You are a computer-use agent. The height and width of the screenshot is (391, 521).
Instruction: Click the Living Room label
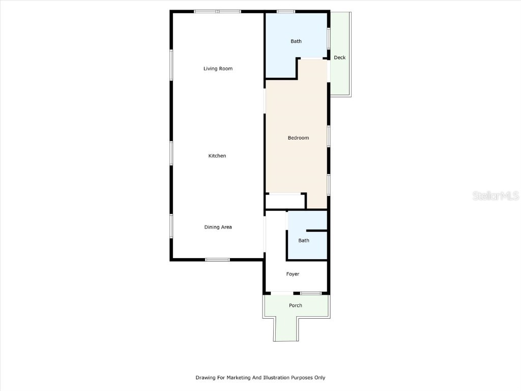pyautogui.click(x=218, y=69)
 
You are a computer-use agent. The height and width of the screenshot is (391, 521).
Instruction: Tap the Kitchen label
pyautogui.click(x=217, y=156)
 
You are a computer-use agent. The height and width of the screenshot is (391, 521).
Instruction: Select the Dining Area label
pyautogui.click(x=218, y=227)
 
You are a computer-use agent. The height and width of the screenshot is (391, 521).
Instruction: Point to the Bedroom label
pyautogui.click(x=298, y=138)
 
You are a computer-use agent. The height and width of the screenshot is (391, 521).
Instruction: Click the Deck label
pyautogui.click(x=339, y=58)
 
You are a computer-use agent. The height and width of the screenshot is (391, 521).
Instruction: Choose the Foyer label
pyautogui.click(x=293, y=274)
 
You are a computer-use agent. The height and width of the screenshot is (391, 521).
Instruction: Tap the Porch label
pyautogui.click(x=296, y=305)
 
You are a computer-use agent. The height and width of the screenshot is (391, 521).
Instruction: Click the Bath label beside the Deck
pyautogui.click(x=296, y=41)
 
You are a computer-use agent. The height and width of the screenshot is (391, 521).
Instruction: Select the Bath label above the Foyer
pyautogui.click(x=304, y=240)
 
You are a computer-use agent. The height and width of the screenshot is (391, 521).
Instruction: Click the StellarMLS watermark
pyautogui.click(x=495, y=195)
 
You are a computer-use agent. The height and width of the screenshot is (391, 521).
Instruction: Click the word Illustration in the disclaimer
pyautogui.click(x=275, y=378)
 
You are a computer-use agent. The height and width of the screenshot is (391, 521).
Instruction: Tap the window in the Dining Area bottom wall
pyautogui.click(x=217, y=260)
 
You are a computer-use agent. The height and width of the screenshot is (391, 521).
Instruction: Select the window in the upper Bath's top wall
pyautogui.click(x=286, y=11)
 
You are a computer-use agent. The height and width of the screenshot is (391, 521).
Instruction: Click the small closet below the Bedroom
pyautogui.click(x=284, y=202)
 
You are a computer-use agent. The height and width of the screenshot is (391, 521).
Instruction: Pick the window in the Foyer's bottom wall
pyautogui.click(x=310, y=293)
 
